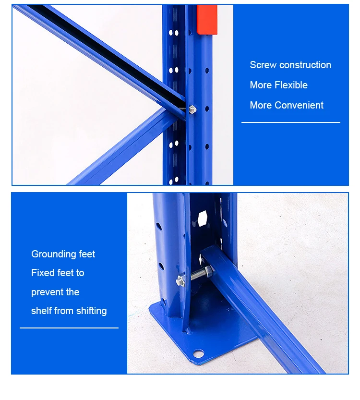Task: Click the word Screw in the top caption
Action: [263, 65]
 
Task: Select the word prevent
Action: [46, 292]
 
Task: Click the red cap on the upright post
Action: [207, 20]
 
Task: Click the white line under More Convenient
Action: [290, 122]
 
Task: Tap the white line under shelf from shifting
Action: [69, 328]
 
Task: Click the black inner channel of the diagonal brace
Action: [110, 53]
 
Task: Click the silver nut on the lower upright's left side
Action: [180, 280]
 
